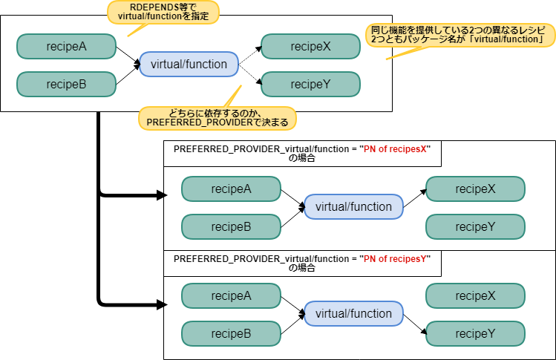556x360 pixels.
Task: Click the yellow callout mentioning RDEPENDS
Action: [x=163, y=12]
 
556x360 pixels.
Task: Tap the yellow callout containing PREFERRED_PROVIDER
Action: [x=218, y=117]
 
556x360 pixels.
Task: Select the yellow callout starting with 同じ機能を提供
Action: [x=459, y=34]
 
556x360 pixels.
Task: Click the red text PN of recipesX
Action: [x=395, y=149]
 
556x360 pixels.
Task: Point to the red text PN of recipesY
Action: [x=394, y=259]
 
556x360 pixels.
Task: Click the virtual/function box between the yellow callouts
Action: [x=189, y=64]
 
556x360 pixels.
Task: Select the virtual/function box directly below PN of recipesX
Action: [x=353, y=206]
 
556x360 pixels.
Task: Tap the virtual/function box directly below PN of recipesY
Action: [x=353, y=313]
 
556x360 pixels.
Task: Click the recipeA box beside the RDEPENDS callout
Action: [x=67, y=47]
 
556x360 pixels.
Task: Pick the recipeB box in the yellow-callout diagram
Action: [x=67, y=84]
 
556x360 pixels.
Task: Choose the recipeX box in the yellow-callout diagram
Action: [x=310, y=47]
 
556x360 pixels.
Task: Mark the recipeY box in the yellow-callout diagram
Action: [x=310, y=84]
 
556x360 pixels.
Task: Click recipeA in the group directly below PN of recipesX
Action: [x=231, y=189]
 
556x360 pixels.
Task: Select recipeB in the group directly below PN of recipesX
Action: [x=231, y=226]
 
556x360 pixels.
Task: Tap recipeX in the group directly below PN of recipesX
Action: [x=475, y=189]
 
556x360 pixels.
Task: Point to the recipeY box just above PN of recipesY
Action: [x=475, y=226]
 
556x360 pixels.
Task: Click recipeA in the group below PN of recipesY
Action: [x=231, y=295]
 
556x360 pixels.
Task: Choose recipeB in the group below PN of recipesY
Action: [x=231, y=333]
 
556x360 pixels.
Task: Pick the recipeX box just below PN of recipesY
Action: [x=475, y=295]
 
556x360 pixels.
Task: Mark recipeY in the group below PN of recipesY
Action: [x=475, y=333]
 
